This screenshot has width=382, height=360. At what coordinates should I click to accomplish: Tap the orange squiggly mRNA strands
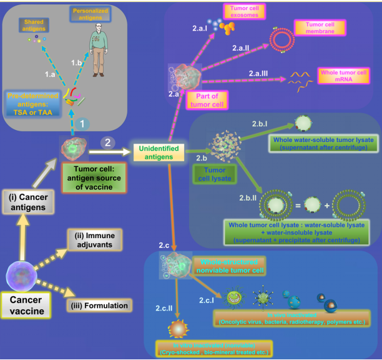tap(300, 78)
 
